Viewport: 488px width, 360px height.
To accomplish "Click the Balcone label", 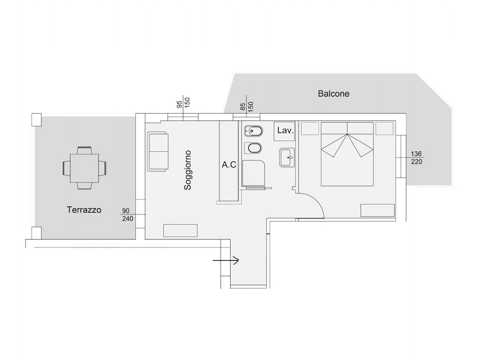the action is (x=333, y=93).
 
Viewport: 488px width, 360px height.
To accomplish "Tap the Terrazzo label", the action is (x=84, y=210).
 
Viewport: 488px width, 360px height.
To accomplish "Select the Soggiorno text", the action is (x=187, y=170).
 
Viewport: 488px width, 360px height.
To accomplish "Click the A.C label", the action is (x=229, y=164).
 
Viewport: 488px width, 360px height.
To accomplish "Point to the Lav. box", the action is (x=284, y=131).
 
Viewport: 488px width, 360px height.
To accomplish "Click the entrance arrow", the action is (x=226, y=260).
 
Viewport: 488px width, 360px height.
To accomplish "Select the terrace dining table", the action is (x=84, y=168).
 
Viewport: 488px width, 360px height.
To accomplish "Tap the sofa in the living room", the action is (x=158, y=151).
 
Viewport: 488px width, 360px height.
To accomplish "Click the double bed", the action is (x=347, y=154).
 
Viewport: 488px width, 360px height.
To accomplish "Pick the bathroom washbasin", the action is (x=287, y=157).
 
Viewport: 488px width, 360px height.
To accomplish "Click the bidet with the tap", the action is (x=253, y=131).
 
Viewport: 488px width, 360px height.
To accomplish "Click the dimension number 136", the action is (x=416, y=154).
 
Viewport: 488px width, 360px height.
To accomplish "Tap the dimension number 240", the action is (x=127, y=218).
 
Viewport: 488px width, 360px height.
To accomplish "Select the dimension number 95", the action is (x=179, y=104).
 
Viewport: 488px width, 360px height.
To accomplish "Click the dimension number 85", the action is (x=243, y=107).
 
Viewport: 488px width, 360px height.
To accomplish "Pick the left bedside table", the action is (x=310, y=128).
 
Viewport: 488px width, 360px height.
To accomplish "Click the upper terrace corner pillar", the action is (x=36, y=119).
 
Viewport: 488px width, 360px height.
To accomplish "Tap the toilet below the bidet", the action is (x=253, y=148).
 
